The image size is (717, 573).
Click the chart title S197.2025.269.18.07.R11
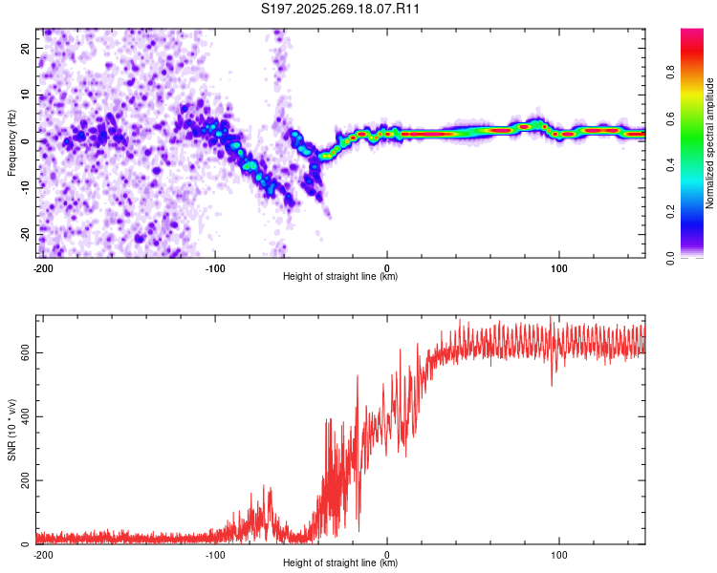point(341,9)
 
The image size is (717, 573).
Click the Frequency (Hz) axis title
point(11,144)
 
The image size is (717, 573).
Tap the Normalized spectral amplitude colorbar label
point(710,144)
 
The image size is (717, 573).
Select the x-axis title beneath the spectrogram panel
point(340,277)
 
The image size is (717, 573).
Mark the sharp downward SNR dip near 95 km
point(552,384)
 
